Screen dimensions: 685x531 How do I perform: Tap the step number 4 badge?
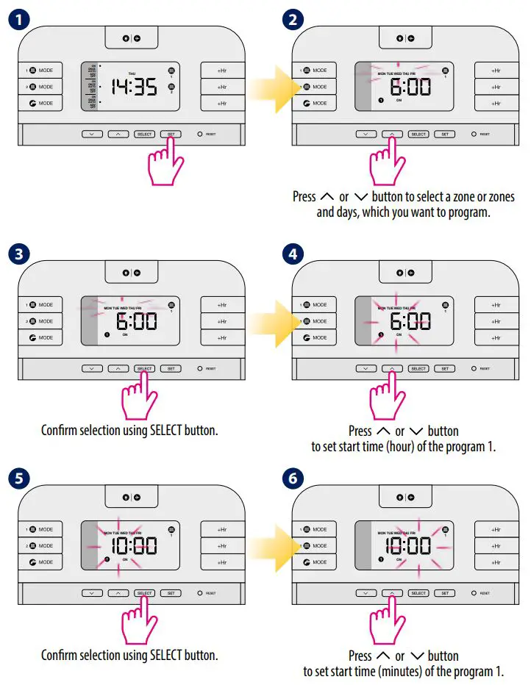click(x=293, y=255)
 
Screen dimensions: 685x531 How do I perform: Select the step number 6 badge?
click(x=293, y=479)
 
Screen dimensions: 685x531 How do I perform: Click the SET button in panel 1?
click(x=171, y=135)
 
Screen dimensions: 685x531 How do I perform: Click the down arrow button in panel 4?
click(x=365, y=368)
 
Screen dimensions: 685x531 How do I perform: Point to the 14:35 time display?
click(x=134, y=87)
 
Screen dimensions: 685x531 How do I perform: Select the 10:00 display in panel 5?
click(x=134, y=545)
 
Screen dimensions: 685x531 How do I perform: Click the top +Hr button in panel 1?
click(x=222, y=71)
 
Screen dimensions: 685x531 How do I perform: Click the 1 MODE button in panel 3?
click(x=40, y=304)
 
